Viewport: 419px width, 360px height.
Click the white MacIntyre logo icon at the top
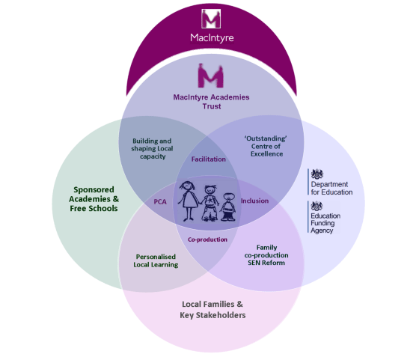(211, 19)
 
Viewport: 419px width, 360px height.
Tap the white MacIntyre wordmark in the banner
(212, 38)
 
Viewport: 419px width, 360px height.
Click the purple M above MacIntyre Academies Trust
(210, 76)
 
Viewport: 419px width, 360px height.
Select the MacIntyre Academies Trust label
(211, 102)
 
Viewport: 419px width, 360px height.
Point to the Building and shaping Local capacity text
(152, 149)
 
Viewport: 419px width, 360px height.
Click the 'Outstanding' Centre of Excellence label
(266, 146)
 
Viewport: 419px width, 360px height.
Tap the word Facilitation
(209, 159)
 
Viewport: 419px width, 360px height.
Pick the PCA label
(160, 202)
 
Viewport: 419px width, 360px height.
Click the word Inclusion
(254, 201)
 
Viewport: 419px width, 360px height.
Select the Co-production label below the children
(207, 240)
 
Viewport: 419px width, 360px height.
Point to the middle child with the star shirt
(210, 203)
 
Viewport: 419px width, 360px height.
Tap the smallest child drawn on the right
(227, 207)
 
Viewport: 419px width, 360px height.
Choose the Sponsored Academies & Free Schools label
(94, 199)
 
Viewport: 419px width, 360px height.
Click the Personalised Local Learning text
(156, 260)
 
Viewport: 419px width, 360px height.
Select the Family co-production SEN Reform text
(266, 255)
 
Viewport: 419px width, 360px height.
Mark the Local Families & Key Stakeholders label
(212, 310)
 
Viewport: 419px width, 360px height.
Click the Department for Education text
(331, 188)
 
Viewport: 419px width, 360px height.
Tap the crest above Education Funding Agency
(316, 206)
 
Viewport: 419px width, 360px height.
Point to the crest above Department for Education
(317, 174)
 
